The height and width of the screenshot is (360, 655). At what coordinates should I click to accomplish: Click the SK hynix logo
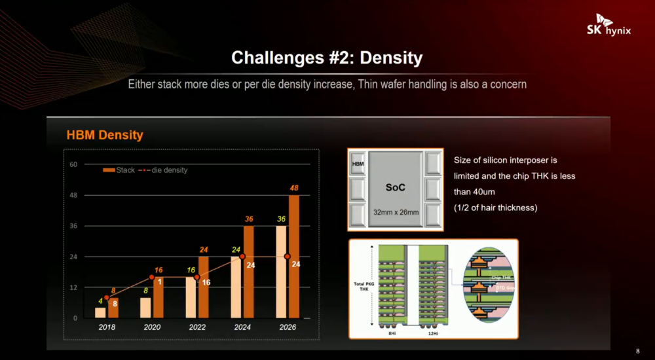click(608, 28)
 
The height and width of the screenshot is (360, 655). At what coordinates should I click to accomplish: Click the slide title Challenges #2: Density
click(327, 58)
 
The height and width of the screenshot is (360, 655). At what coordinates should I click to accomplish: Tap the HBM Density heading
click(105, 135)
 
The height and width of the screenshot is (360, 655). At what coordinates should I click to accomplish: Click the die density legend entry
click(163, 170)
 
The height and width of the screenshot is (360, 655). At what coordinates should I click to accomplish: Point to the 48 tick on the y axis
click(73, 195)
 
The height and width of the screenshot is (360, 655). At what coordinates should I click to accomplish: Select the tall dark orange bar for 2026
click(293, 256)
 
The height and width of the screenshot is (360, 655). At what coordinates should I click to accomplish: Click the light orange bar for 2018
click(100, 312)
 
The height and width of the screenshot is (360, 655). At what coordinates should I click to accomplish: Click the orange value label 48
click(294, 189)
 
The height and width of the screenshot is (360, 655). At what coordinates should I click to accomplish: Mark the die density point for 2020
click(152, 277)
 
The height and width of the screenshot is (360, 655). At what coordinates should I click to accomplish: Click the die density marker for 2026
click(288, 257)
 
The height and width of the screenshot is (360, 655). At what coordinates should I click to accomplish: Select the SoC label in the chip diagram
click(395, 187)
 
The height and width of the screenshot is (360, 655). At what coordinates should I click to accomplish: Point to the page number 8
click(638, 350)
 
